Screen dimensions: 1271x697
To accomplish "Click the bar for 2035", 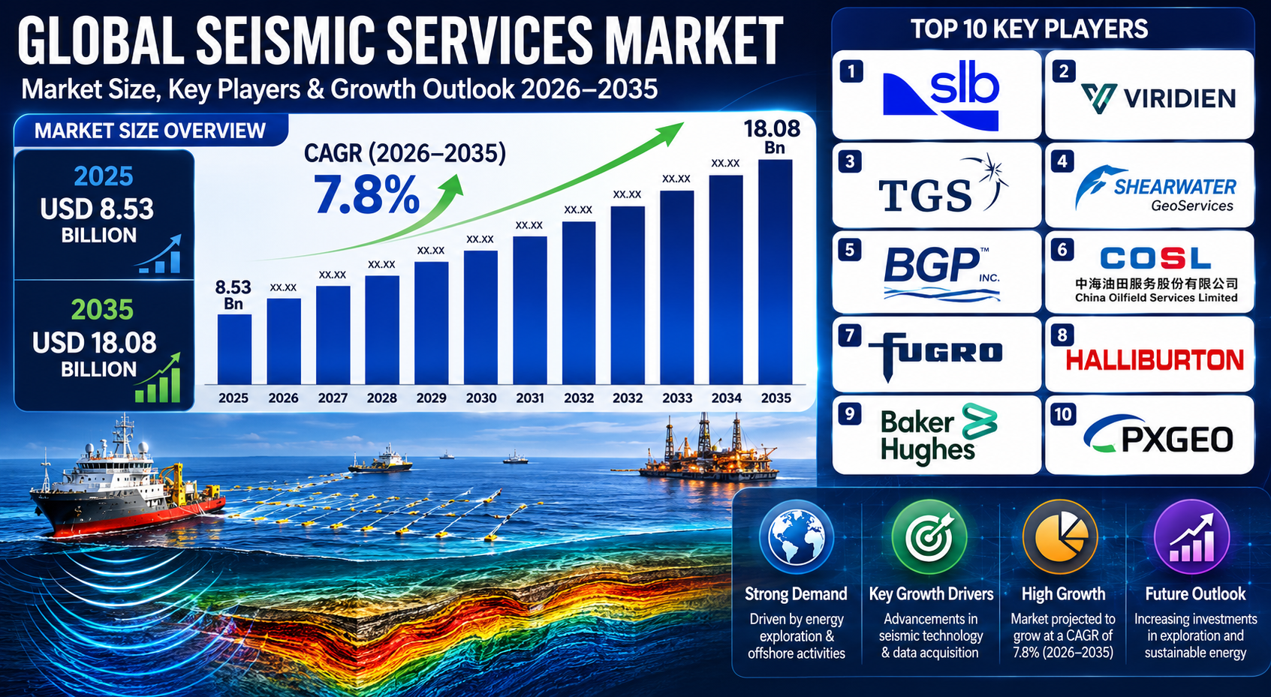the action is click(775, 272).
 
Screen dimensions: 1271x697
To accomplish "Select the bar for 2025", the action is click(234, 350).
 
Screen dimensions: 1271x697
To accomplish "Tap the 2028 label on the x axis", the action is click(382, 398).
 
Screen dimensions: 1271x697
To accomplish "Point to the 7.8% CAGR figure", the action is click(366, 194).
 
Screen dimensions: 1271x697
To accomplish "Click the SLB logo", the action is click(941, 95).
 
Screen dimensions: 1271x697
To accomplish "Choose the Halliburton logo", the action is click(1155, 360).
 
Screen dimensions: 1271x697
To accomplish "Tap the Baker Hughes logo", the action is click(938, 434).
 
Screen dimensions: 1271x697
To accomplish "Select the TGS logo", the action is click(942, 184).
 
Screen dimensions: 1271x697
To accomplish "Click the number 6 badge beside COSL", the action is click(1062, 250).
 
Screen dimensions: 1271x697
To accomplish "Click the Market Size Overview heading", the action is click(150, 131).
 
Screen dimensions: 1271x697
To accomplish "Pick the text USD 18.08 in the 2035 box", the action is click(94, 343).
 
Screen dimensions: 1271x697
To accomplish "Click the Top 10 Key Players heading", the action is click(1029, 29).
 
